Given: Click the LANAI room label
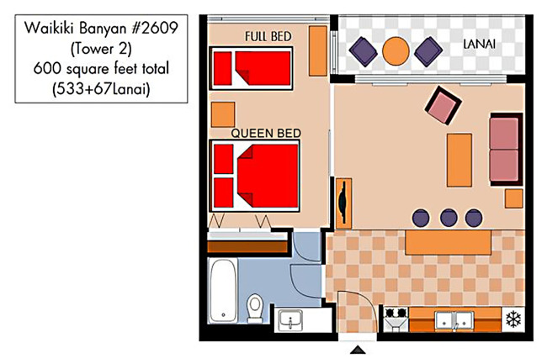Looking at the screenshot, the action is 479,44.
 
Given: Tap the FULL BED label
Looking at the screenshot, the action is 268,36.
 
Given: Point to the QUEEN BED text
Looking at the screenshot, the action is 266,133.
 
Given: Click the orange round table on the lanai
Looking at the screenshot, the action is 396,51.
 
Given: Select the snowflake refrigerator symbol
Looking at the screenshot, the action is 513,319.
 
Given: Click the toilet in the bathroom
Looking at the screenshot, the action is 255,308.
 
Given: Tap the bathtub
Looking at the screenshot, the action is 223,291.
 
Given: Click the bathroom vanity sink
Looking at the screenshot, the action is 290,320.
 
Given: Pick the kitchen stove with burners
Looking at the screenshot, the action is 396,319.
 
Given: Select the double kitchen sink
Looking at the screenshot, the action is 454,320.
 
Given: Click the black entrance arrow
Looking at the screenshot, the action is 358,350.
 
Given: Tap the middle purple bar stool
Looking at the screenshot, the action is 449,218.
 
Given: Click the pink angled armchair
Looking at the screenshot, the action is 443,106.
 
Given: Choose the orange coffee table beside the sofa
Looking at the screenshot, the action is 459,160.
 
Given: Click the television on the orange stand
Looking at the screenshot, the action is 343,202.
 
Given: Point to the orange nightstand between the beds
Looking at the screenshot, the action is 223,114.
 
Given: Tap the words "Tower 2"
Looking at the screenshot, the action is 101,49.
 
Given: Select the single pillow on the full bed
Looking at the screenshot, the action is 222,68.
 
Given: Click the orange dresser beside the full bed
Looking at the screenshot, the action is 318,50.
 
